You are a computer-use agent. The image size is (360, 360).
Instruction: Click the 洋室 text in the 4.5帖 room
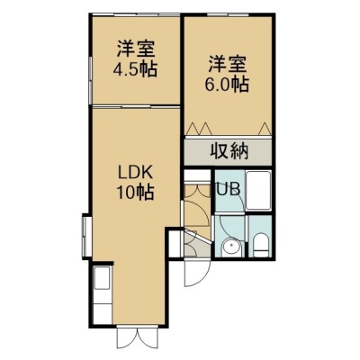(136, 49)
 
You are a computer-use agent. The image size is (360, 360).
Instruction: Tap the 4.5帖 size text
(135, 70)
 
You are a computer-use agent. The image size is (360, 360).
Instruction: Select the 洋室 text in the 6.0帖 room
(228, 64)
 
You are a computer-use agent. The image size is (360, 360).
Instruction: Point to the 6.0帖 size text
(227, 85)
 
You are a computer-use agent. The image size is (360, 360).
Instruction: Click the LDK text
(136, 173)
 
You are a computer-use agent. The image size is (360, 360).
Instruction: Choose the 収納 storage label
(229, 151)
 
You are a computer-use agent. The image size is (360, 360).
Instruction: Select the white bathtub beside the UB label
(258, 191)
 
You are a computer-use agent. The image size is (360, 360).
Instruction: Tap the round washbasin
(231, 247)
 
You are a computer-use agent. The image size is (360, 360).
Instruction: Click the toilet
(260, 246)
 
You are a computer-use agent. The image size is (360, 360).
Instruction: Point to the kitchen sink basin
(103, 278)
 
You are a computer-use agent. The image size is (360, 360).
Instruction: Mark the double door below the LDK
(137, 336)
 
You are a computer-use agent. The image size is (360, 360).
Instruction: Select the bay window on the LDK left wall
(86, 236)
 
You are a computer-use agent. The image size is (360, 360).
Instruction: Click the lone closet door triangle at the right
(265, 128)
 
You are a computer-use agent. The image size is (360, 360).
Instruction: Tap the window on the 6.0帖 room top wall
(228, 14)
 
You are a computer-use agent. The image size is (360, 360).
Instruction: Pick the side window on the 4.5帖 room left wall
(90, 80)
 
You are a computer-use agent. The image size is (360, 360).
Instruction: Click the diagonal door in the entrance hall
(197, 236)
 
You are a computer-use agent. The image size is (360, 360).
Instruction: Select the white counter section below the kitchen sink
(103, 313)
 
